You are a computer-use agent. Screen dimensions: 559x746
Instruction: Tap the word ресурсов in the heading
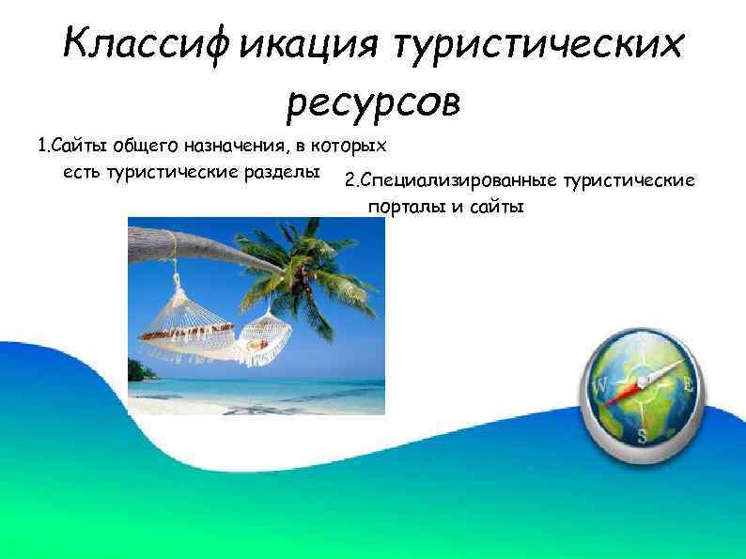[373, 101]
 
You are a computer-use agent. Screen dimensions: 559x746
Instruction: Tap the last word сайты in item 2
[494, 206]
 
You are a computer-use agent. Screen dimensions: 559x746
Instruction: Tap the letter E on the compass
[688, 383]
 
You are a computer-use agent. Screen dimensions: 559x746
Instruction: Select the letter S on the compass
[643, 434]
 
